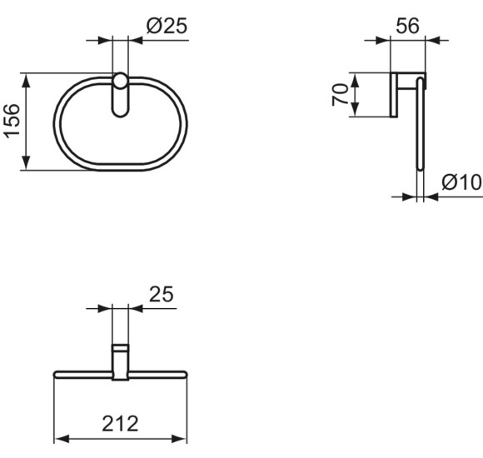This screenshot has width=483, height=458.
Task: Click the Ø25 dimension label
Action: tap(167, 26)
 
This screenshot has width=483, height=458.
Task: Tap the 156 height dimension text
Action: tap(12, 121)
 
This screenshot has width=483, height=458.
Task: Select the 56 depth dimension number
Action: tap(407, 26)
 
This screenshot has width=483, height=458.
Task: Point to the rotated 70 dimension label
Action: tap(340, 95)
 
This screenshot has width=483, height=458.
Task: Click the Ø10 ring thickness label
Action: tap(461, 182)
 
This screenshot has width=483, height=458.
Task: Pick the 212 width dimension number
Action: tap(120, 424)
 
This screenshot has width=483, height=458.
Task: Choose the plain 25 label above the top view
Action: tap(162, 294)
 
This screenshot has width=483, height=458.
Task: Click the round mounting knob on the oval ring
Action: tap(120, 82)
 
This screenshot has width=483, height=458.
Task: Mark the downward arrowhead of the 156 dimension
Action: tap(27, 162)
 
